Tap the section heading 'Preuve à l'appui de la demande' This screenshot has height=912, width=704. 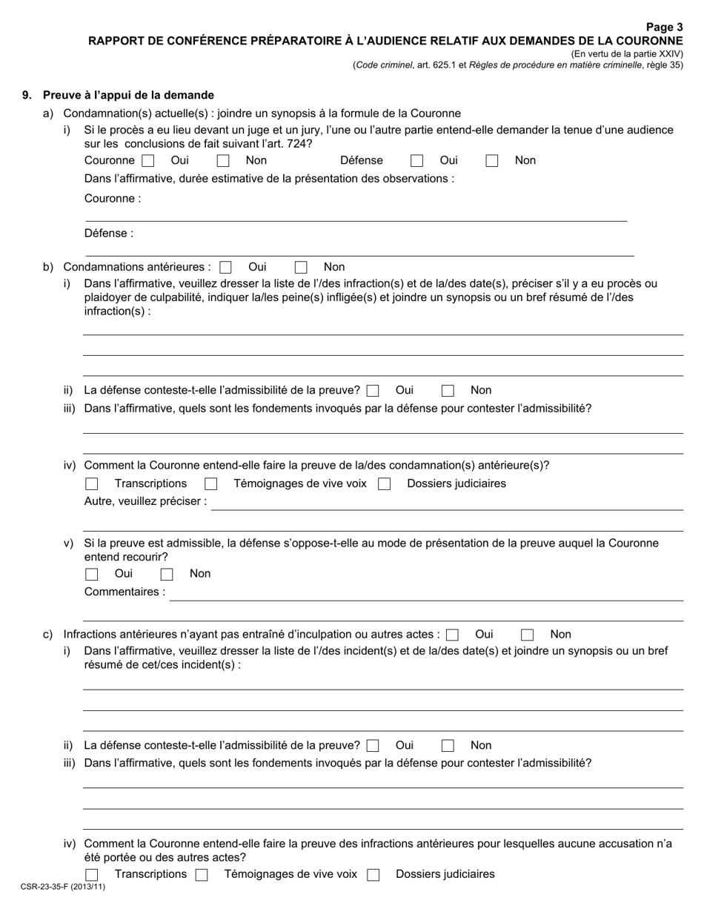tap(128, 95)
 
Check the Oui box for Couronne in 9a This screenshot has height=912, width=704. tap(147, 161)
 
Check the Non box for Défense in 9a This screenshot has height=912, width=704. tap(492, 161)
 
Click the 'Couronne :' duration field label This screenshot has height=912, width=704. tap(113, 198)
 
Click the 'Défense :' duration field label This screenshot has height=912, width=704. tap(109, 233)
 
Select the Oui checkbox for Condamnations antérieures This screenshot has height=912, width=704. tap(225, 268)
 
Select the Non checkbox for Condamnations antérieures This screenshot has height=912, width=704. tap(301, 268)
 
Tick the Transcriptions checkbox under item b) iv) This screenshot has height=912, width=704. tap(92, 484)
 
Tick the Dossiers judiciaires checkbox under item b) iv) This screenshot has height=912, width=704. tap(384, 484)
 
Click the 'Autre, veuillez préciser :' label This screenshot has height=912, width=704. tap(146, 501)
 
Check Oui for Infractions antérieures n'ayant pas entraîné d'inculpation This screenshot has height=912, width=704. tap(453, 635)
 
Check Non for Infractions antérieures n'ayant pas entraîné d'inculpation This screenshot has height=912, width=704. tap(528, 635)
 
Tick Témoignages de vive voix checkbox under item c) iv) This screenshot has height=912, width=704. tap(202, 875)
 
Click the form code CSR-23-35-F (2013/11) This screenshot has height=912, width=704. tap(63, 886)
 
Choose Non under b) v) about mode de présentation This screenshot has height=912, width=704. tap(167, 574)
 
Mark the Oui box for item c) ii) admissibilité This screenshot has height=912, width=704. tap(373, 746)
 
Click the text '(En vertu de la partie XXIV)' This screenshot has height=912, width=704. tap(627, 54)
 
